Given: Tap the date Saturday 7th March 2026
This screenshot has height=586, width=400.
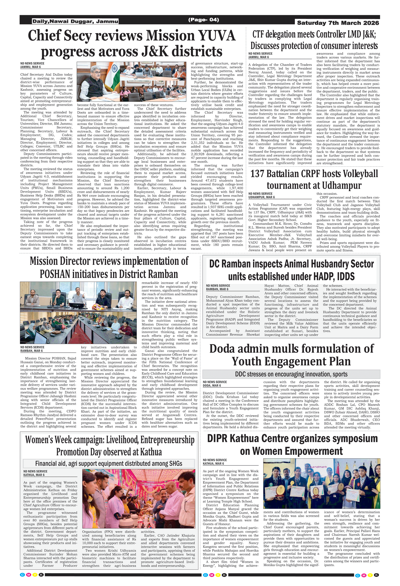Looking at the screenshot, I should coord(338,23).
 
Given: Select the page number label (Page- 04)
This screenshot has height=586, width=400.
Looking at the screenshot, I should coord(203,19).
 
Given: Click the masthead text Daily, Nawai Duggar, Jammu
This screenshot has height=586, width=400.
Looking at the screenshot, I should coord(75,21).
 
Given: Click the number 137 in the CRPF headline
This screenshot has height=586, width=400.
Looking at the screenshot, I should coord(257,174).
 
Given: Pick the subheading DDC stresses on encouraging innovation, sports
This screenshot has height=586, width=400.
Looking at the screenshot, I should coord(291,374).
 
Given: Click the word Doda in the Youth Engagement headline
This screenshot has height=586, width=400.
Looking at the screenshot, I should coord(223,349).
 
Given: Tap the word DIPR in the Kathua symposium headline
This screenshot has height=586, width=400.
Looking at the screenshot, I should coord(218,438).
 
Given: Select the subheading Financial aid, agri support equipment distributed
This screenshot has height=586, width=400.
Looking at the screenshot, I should coord(109,463).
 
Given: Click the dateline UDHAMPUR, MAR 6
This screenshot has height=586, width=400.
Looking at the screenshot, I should coord(261,197).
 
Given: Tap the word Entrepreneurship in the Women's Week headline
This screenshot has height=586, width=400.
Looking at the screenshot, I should coord(167,440).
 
